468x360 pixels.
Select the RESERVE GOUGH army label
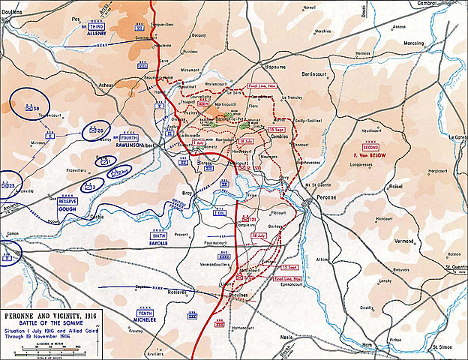pyautogui.click(x=68, y=204)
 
